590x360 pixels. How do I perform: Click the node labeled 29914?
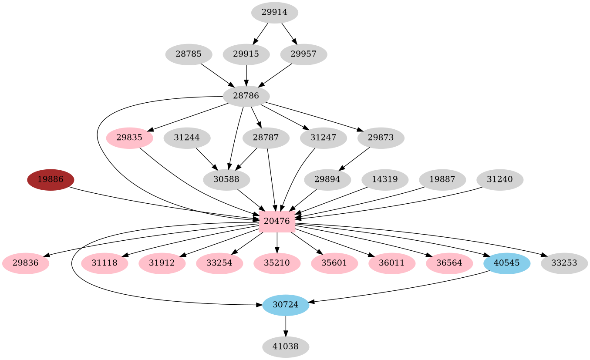tap(274, 13)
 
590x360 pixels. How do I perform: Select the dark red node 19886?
tap(51, 180)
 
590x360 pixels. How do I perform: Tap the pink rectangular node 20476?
tap(277, 221)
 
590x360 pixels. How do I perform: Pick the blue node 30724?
tap(286, 305)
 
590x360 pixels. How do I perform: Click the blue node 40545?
tap(507, 263)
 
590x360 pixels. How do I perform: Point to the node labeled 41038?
tap(286, 347)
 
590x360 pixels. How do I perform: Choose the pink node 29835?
tap(129, 138)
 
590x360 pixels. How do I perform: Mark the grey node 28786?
tap(246, 96)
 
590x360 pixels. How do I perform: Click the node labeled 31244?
tap(187, 138)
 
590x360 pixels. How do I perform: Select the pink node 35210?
tap(277, 263)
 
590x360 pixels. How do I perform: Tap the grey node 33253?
tap(564, 263)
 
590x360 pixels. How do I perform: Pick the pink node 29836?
tap(25, 263)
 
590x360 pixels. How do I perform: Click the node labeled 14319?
tap(385, 180)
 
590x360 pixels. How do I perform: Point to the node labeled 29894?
tap(327, 180)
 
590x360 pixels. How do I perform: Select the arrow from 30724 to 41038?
tap(286, 326)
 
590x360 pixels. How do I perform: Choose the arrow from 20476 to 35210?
tap(277, 242)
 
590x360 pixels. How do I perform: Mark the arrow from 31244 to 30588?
tap(207, 159)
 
